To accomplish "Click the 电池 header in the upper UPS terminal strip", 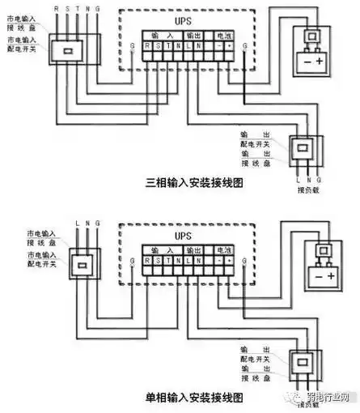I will (222, 36).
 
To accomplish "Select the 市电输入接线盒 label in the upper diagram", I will (22, 20).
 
